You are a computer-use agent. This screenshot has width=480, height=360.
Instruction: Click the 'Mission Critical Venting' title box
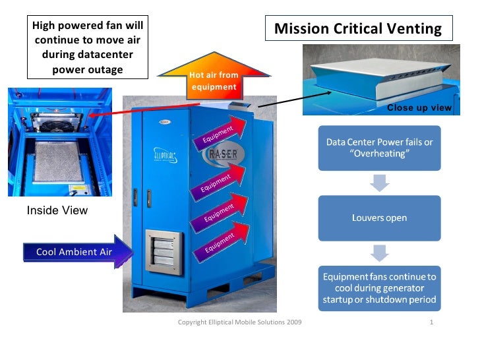[358, 29]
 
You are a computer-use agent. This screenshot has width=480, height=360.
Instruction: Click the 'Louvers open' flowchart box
[379, 218]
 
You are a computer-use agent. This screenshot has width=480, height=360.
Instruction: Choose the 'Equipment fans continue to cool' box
[379, 287]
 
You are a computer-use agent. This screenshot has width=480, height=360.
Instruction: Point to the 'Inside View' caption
[57, 210]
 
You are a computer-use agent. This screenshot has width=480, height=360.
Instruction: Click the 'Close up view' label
[419, 107]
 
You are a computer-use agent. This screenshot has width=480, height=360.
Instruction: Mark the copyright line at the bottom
[241, 322]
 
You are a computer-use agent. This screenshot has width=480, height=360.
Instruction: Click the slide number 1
[431, 322]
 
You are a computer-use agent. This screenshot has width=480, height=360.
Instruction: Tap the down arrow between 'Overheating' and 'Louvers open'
[379, 183]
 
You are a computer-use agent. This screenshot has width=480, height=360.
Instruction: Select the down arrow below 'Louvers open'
[379, 252]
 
